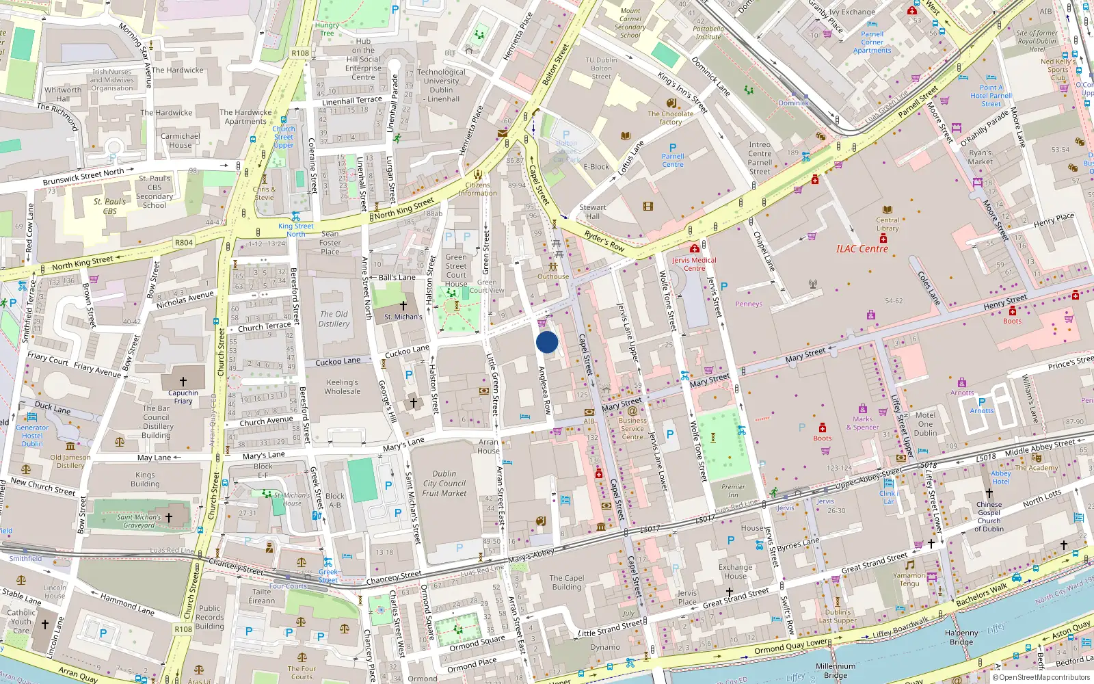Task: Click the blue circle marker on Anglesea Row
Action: click(x=547, y=342)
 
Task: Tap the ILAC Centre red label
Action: click(x=862, y=249)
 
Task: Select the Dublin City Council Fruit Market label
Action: click(x=444, y=483)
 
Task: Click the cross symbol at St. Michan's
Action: click(x=403, y=305)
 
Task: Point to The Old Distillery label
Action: click(x=334, y=319)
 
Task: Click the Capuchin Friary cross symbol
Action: click(x=183, y=382)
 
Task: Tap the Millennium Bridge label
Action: click(x=835, y=670)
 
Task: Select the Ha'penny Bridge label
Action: click(x=961, y=637)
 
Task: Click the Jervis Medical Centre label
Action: click(x=694, y=264)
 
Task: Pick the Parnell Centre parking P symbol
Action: click(x=673, y=148)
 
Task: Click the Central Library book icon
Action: click(x=888, y=210)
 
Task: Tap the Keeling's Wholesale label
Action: click(x=342, y=387)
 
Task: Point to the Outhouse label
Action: click(x=552, y=276)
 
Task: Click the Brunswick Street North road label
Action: click(x=83, y=176)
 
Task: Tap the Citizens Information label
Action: click(x=477, y=189)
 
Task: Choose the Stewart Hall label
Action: click(x=592, y=211)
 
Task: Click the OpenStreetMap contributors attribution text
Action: click(x=1044, y=677)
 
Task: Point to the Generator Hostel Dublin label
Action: click(x=32, y=435)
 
